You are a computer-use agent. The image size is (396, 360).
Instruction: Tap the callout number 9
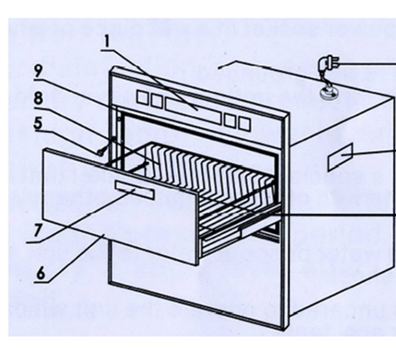pyautogui.click(x=39, y=72)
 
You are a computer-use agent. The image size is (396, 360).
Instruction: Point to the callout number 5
pyautogui.click(x=39, y=124)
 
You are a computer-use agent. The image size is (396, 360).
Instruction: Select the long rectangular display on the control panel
pyautogui.click(x=192, y=110)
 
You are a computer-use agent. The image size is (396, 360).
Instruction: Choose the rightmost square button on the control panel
pyautogui.click(x=244, y=124)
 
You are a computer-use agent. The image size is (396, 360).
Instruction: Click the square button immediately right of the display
pyautogui.click(x=228, y=120)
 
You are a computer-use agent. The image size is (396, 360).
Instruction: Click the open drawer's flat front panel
pyautogui.click(x=116, y=210)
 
